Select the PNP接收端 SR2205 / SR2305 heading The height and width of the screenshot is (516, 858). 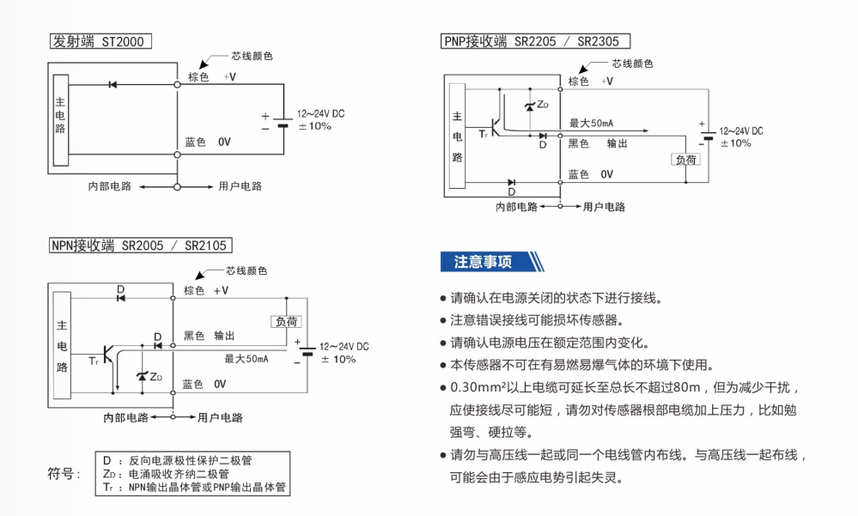click(536, 41)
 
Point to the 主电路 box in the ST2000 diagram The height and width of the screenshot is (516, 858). click(60, 120)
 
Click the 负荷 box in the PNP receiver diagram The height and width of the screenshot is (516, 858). click(686, 159)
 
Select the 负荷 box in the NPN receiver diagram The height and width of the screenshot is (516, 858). click(287, 321)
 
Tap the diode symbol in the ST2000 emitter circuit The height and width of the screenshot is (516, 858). click(113, 84)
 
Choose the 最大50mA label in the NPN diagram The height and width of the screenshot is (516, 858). click(246, 359)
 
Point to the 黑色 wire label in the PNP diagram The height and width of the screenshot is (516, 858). click(579, 143)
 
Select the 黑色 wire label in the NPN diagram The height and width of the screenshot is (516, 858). click(194, 336)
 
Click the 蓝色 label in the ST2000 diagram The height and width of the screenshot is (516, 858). click(195, 142)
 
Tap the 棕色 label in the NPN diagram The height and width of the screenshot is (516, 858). click(194, 290)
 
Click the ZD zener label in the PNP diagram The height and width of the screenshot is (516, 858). click(542, 105)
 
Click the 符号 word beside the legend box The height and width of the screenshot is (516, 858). click(64, 473)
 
